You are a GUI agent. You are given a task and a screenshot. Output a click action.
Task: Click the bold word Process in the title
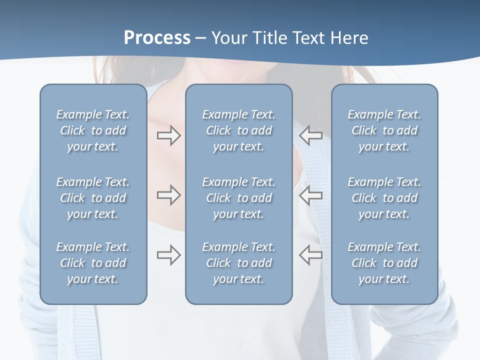click(157, 38)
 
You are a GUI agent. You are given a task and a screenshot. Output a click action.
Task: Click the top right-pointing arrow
click(168, 135)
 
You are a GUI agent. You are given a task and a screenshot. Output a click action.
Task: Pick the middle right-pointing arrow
click(168, 195)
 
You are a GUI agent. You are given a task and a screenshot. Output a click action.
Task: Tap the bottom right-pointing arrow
click(168, 255)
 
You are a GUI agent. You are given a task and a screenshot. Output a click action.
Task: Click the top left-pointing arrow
click(310, 135)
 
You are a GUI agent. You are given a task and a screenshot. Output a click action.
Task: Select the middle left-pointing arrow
click(310, 195)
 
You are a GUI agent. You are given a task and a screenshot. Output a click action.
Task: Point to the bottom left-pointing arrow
click(310, 255)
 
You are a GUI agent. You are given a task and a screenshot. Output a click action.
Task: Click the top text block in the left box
click(93, 130)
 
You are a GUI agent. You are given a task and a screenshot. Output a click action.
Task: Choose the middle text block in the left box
click(93, 198)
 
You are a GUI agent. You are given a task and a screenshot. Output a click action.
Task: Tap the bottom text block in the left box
click(93, 263)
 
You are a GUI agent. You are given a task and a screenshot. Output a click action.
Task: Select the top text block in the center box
click(238, 130)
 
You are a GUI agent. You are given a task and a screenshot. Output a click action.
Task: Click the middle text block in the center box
click(238, 198)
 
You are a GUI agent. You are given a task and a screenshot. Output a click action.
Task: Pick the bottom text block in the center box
click(238, 263)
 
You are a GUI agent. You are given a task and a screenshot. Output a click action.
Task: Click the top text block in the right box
click(384, 130)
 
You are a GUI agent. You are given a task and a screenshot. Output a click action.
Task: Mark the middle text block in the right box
click(384, 198)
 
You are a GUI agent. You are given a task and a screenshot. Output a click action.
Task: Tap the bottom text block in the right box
click(384, 263)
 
